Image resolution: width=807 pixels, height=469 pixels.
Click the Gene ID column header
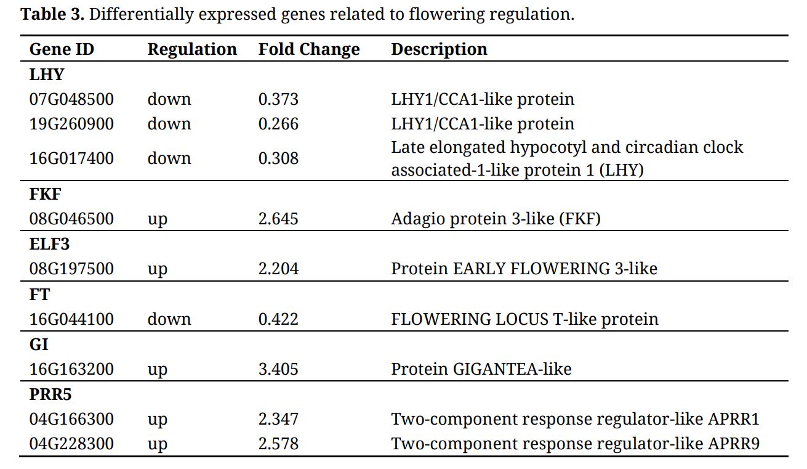[62, 49]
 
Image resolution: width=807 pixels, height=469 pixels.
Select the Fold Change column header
[309, 49]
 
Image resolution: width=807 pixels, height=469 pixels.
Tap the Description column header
[439, 49]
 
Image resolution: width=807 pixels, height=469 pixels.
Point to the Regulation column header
[192, 49]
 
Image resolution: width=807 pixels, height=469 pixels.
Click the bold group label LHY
[47, 75]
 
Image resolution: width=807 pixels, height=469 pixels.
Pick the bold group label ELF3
[49, 244]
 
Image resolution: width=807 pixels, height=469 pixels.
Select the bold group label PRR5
[50, 394]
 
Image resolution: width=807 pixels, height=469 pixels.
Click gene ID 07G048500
[71, 99]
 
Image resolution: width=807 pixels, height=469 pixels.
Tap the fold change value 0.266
[278, 124]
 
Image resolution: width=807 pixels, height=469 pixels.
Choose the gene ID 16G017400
[71, 158]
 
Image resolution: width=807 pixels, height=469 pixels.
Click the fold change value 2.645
[278, 219]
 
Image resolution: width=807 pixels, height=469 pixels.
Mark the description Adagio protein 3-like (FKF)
[496, 219]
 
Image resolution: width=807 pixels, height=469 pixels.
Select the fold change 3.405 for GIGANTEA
[278, 369]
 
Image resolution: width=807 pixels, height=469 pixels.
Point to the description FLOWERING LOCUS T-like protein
[524, 319]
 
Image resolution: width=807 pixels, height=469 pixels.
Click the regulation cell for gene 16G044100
[169, 319]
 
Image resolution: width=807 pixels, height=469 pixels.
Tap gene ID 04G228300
[71, 444]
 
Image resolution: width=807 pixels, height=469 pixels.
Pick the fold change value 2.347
[278, 419]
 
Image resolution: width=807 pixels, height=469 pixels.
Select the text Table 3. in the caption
[52, 14]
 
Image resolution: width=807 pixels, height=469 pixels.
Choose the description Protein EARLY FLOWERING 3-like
[524, 269]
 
